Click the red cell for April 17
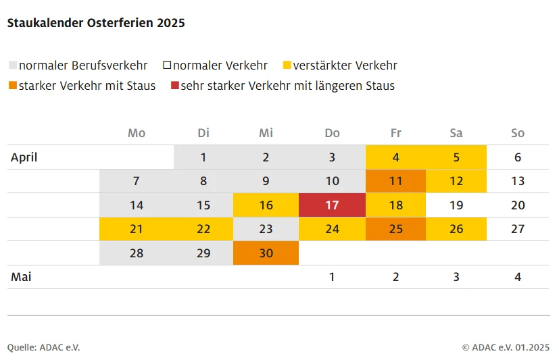click(x=332, y=205)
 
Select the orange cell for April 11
click(x=396, y=181)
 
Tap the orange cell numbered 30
click(x=266, y=253)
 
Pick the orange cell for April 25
click(x=396, y=229)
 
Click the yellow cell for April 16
click(x=266, y=205)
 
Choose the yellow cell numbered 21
click(x=137, y=229)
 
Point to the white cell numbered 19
click(x=456, y=205)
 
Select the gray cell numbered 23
click(x=266, y=229)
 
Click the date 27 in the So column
click(x=518, y=229)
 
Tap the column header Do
click(x=332, y=133)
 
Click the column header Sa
click(x=456, y=133)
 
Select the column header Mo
click(x=137, y=133)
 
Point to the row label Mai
click(x=21, y=277)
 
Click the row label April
click(x=24, y=157)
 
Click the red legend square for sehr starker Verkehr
click(x=175, y=86)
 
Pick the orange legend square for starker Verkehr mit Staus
click(x=12, y=86)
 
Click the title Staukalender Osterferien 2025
click(x=96, y=23)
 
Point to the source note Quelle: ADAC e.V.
click(x=44, y=347)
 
